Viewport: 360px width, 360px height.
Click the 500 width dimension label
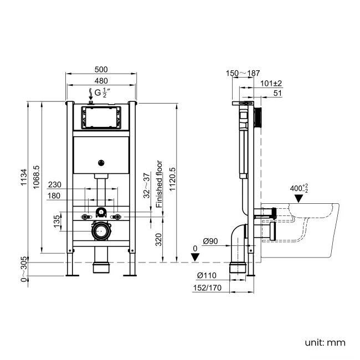(101, 69)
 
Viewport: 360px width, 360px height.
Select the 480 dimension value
(101, 81)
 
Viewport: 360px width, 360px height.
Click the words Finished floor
(159, 184)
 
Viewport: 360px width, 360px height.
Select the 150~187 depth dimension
(243, 73)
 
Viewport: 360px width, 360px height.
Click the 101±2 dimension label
(271, 84)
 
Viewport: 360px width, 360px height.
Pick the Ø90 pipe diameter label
(210, 240)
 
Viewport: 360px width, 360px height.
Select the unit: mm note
(325, 342)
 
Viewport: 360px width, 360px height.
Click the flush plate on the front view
(101, 117)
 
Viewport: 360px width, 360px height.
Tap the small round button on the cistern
(101, 162)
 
